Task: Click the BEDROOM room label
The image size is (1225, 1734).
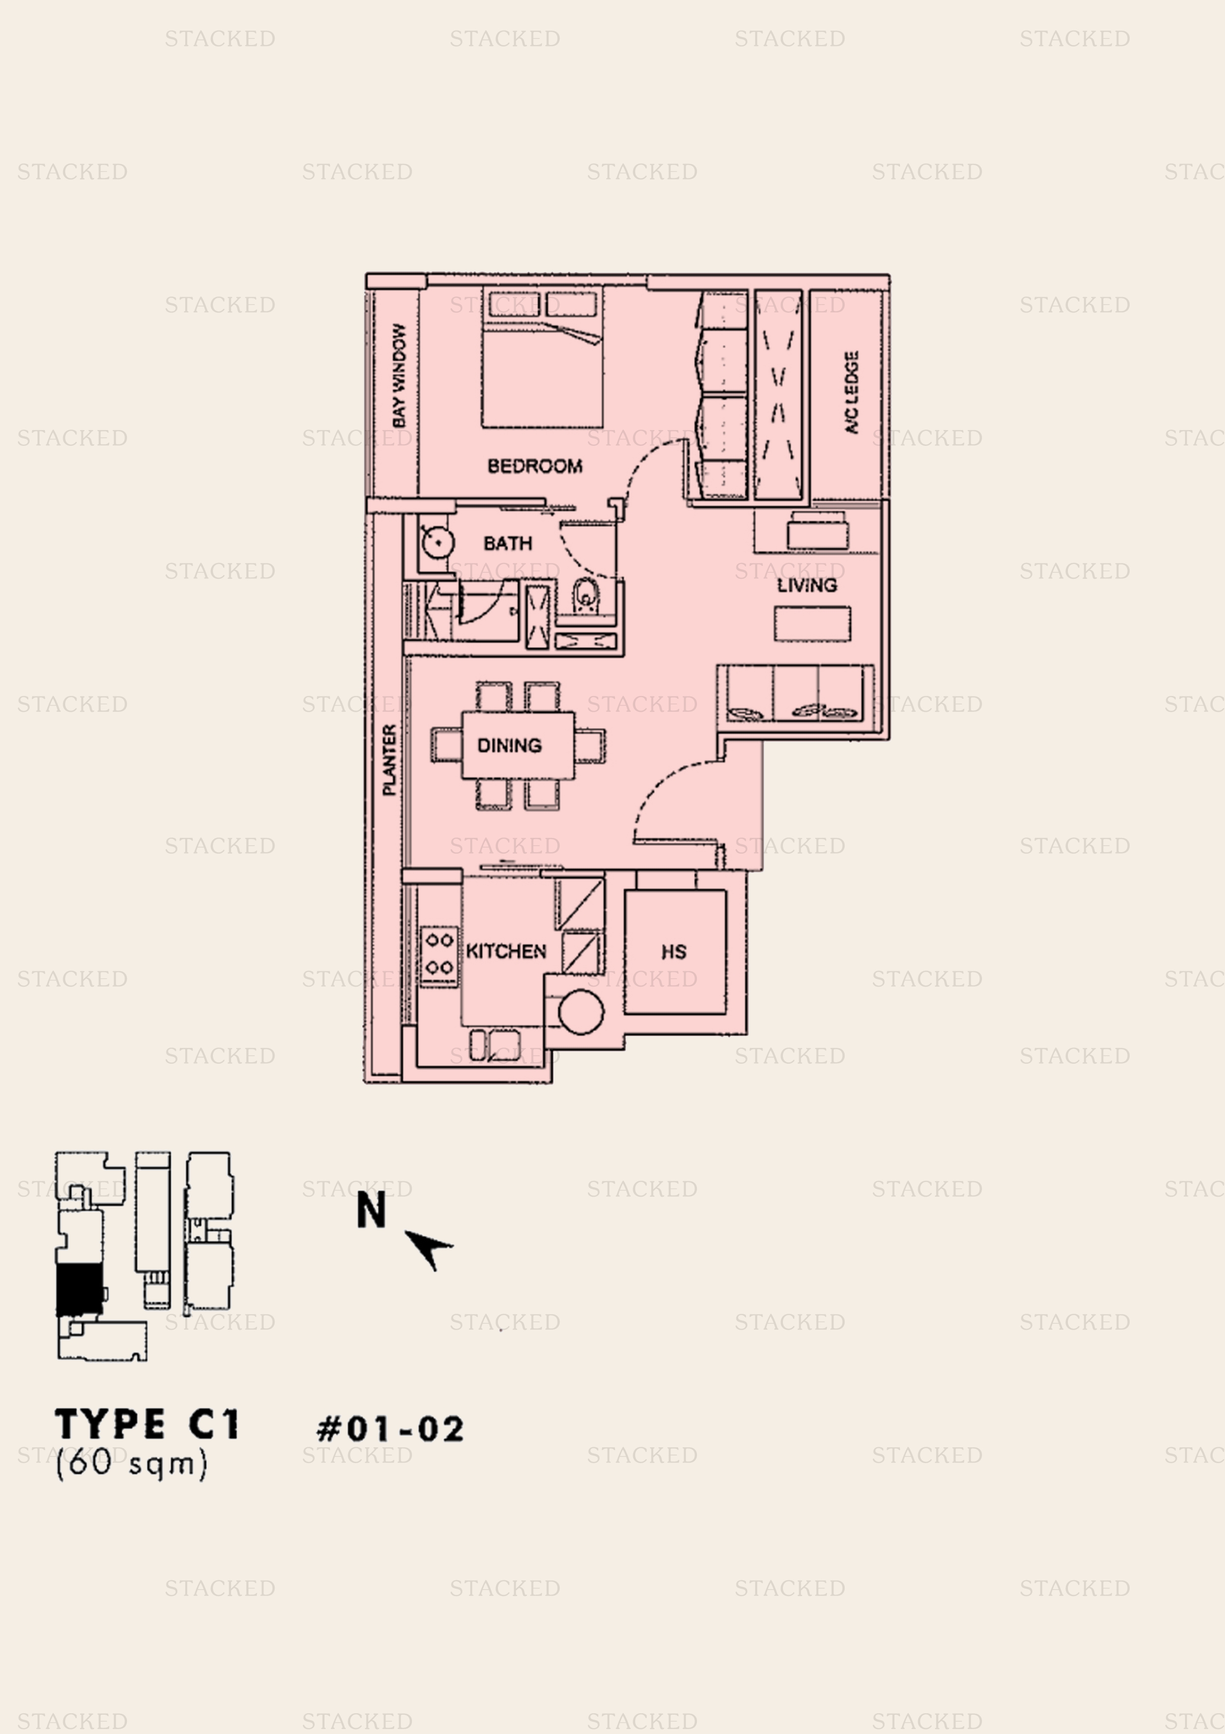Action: coord(534,466)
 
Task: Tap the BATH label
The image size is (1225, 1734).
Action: coord(507,543)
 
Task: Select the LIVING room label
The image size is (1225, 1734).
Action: coord(807,585)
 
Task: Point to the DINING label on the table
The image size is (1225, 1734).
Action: coord(509,745)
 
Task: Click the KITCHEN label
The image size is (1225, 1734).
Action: coord(506,951)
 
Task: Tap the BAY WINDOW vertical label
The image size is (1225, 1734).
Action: coord(399,375)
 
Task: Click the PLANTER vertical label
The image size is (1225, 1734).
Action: coord(389,760)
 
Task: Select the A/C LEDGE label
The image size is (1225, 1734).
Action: coord(852,392)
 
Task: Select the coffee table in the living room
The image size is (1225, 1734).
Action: coord(812,624)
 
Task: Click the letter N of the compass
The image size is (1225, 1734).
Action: coord(371,1210)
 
